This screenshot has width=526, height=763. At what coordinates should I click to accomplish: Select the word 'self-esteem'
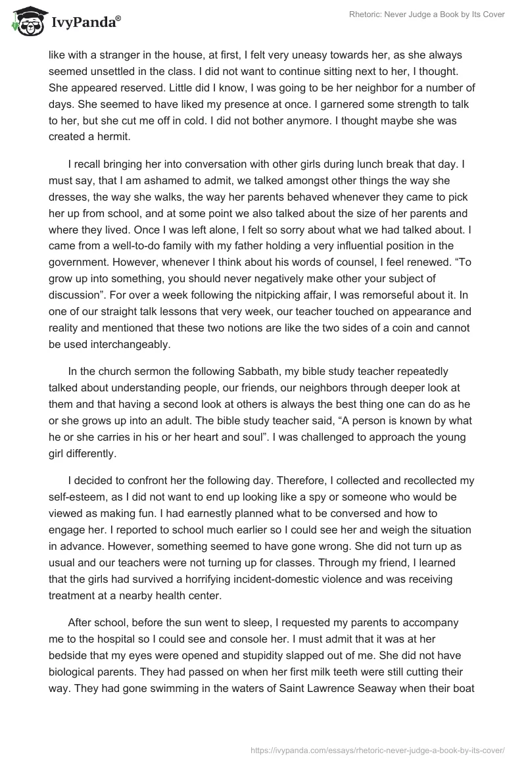tap(74, 497)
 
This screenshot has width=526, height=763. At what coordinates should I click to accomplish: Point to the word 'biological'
tap(74, 672)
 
